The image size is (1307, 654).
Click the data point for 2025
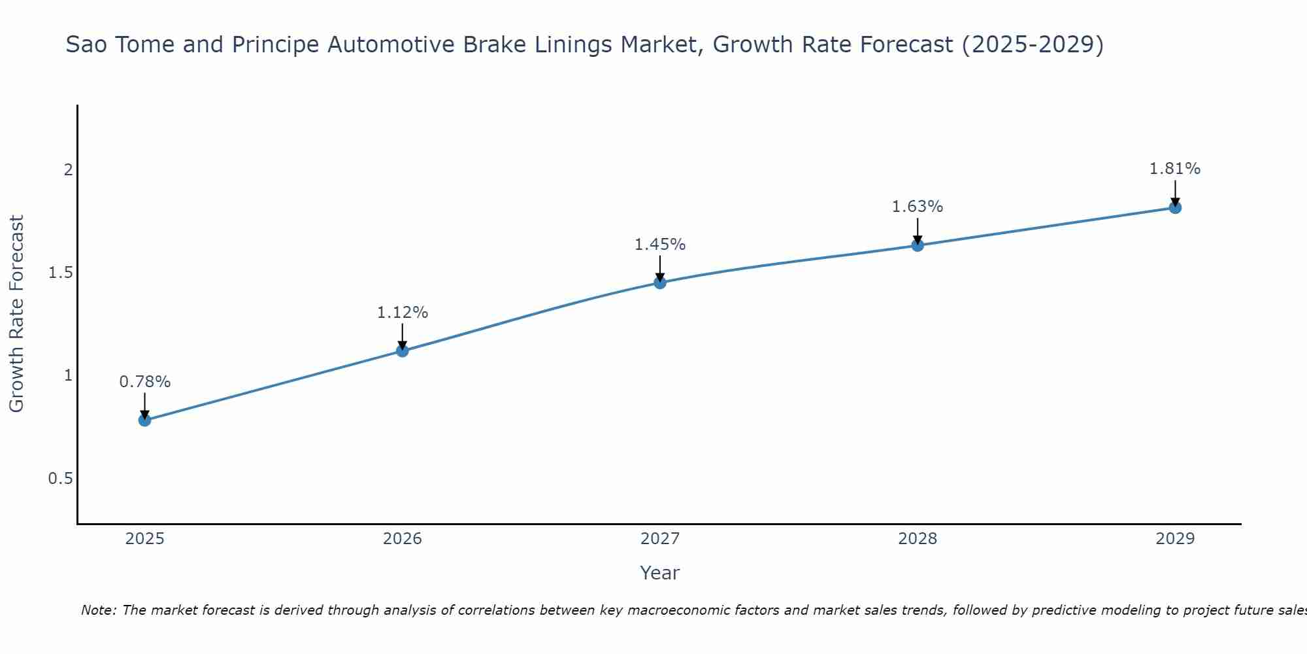coord(145,420)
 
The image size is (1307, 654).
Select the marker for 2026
coord(403,351)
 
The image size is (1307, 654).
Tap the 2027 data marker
coord(660,283)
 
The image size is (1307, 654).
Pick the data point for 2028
coord(918,245)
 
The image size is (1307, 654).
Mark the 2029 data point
coord(1175,208)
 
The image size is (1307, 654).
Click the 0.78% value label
coord(145,382)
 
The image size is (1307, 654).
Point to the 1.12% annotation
coord(403,313)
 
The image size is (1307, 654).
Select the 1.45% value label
coord(660,245)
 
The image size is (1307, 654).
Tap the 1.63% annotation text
coord(918,207)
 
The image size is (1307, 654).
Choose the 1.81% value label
coord(1175,169)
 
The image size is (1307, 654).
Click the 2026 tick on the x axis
coord(403,539)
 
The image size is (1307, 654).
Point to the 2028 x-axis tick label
coord(918,539)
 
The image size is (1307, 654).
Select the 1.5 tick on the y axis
coord(60,273)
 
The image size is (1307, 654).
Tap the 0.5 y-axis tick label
coord(60,479)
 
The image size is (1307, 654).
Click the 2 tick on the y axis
coord(67,170)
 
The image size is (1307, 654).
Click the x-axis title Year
coord(660,573)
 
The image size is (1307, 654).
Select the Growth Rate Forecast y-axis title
coord(17,314)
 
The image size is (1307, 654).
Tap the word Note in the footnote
coord(98,610)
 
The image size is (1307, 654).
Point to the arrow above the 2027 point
coord(660,268)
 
